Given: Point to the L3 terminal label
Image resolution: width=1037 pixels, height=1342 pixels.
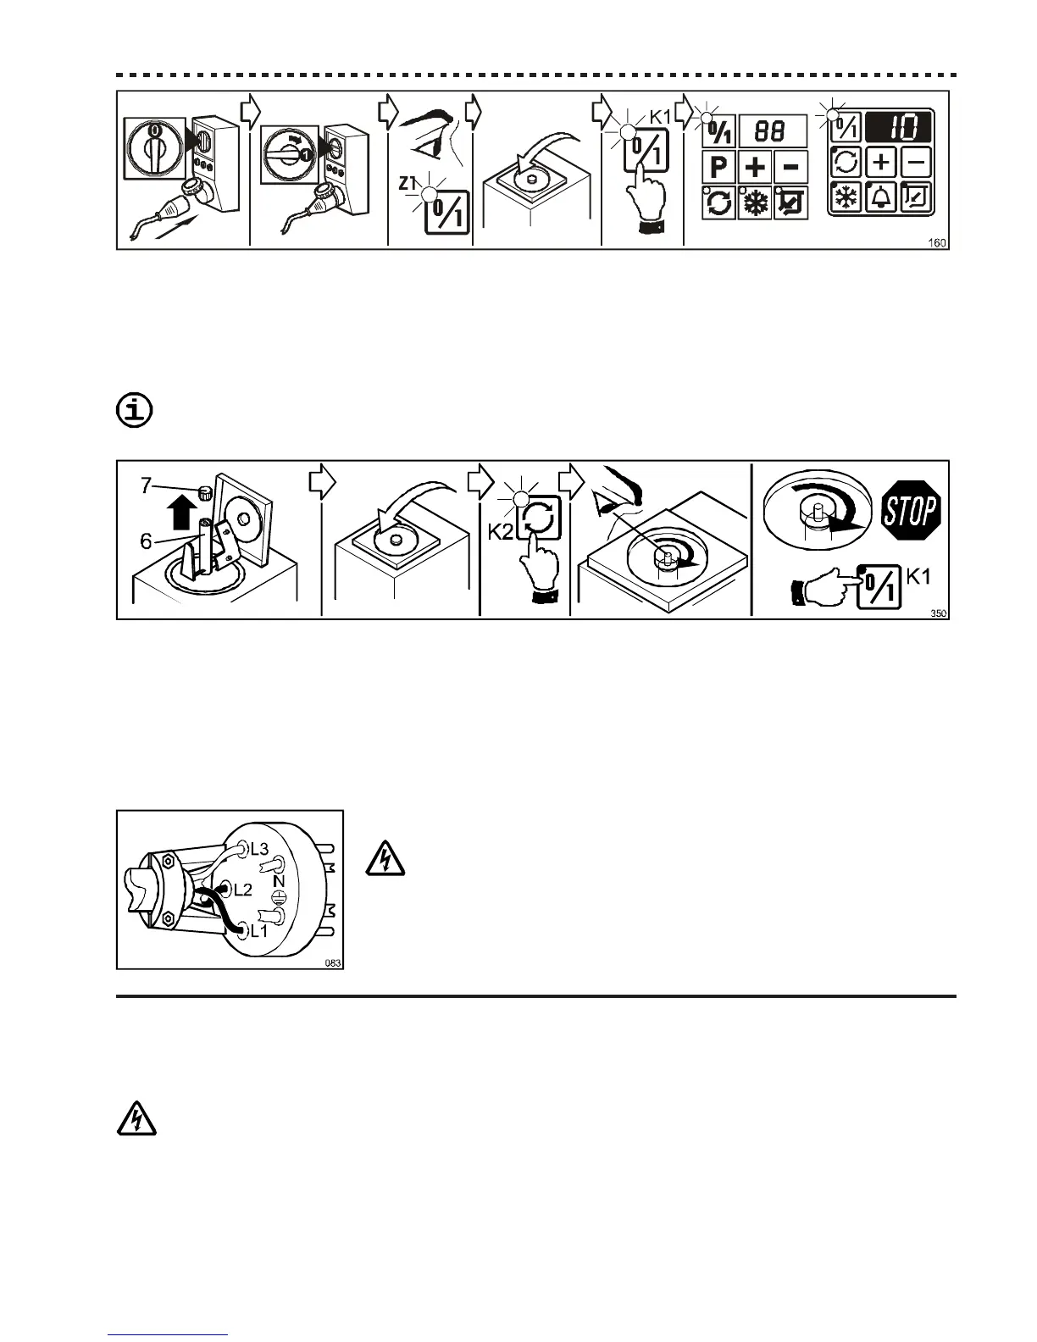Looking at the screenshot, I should coord(259,848).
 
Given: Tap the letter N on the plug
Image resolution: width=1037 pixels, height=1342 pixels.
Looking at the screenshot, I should coord(279,882).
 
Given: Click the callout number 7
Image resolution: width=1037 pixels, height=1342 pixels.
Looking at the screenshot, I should coord(146,485).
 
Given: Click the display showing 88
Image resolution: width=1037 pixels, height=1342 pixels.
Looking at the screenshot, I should coord(772,131).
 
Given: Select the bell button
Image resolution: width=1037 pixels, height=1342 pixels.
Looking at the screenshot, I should coord(881,198).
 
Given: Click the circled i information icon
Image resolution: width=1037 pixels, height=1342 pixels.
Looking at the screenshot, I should coord(133,411).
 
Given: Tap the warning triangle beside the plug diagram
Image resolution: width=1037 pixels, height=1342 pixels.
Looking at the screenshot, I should coord(385,860).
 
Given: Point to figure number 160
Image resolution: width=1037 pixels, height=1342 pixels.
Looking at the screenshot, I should coord(937,243).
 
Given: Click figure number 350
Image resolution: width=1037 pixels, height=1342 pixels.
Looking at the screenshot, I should coord(938,614).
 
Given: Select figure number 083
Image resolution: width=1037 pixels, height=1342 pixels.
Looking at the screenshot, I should coord(333,963).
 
